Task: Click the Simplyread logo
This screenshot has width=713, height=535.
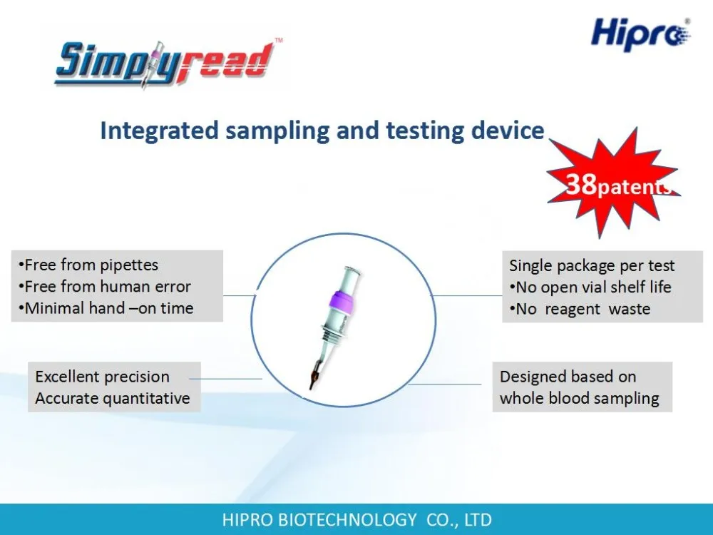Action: pos(166,63)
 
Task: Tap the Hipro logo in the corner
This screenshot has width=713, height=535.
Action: pos(641,34)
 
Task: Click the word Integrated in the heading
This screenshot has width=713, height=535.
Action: pos(159,131)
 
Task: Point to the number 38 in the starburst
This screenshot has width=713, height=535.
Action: pos(581,184)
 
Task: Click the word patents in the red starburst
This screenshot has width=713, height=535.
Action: pos(635,187)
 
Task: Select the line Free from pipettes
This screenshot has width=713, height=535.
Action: pos(88,265)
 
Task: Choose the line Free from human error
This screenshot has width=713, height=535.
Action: pos(105,287)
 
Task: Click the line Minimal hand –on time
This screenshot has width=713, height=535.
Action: pos(106,308)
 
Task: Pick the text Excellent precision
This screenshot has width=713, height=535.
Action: pos(102,377)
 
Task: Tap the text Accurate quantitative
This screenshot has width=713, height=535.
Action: pos(113,398)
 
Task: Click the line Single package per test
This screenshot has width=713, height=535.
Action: pos(592,265)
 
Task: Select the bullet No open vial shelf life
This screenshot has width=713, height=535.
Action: pos(590,287)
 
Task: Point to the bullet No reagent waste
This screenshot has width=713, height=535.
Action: pos(580,309)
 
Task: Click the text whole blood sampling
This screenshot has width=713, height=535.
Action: pos(579,399)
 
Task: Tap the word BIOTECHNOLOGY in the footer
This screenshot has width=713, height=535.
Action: pos(347,519)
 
